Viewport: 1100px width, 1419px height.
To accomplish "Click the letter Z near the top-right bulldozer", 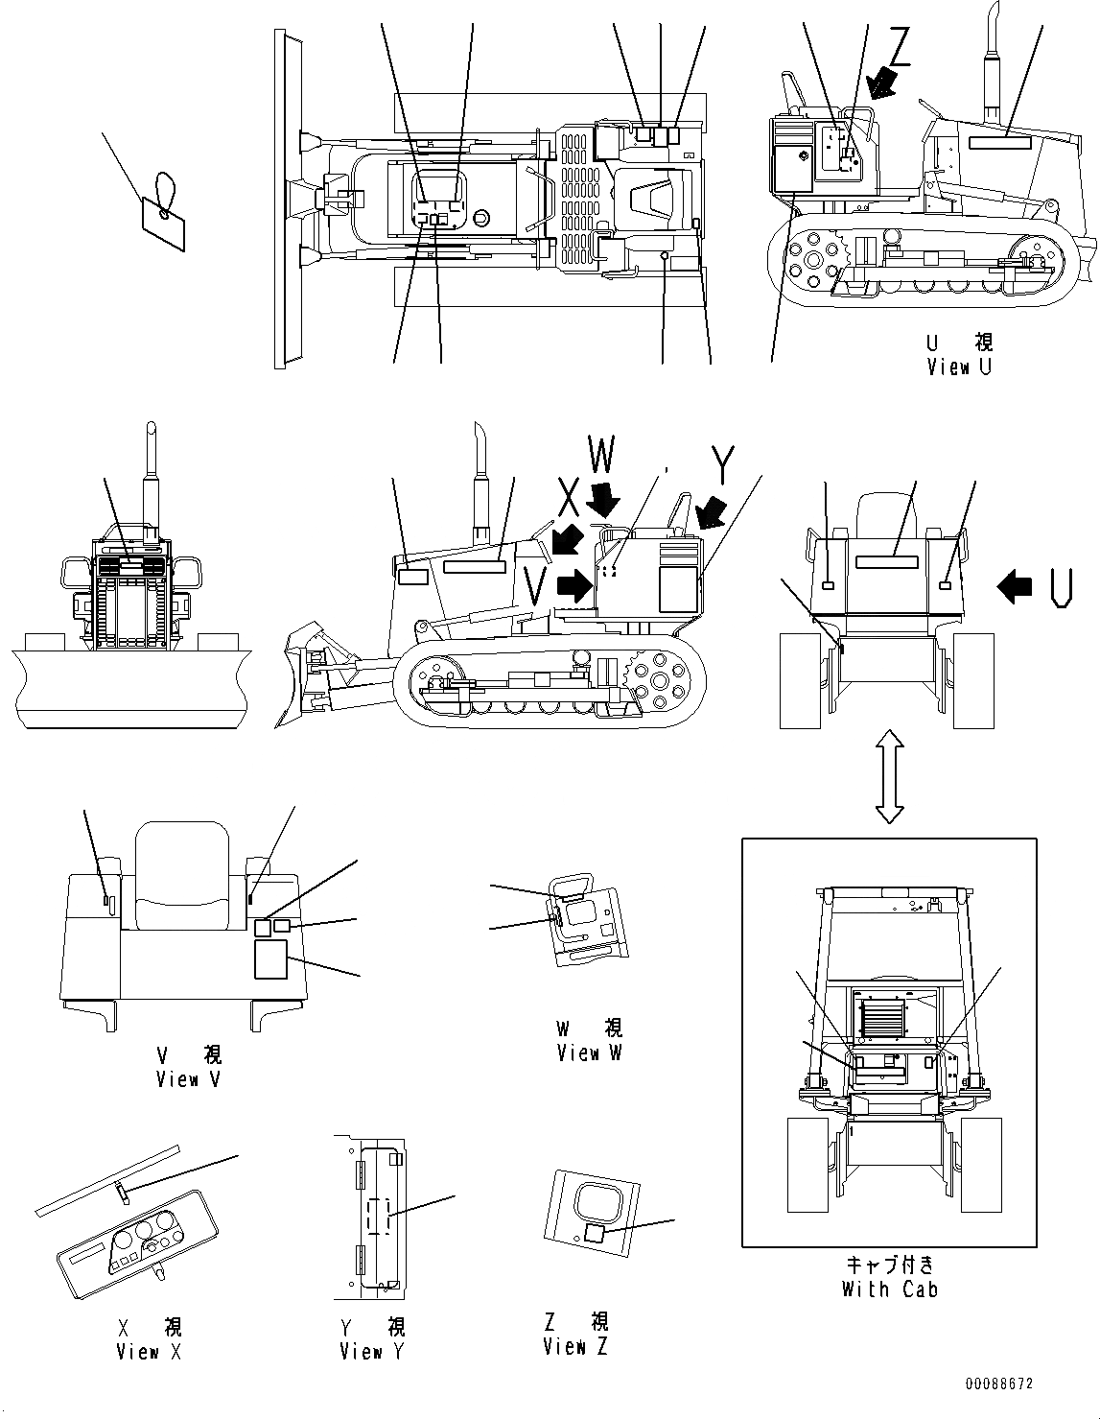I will pos(899,44).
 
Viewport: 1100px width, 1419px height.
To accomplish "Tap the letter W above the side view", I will pos(600,458).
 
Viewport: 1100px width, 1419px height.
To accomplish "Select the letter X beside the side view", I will pos(569,498).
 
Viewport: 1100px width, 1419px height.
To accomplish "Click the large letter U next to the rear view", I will pos(1060,587).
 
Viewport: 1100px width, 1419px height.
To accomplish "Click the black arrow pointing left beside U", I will pos(1017,586).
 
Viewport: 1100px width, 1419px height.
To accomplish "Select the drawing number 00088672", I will pos(999,1384).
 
